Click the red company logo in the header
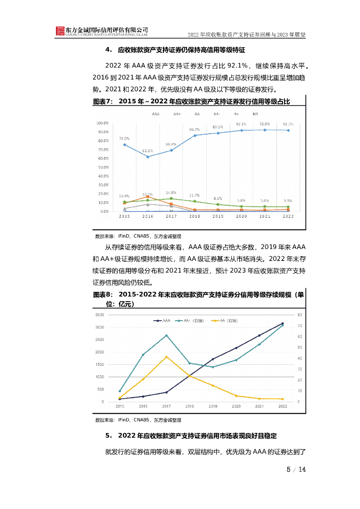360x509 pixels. coord(60,31)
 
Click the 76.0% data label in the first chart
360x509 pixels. coord(124,138)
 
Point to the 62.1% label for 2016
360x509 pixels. coord(148,150)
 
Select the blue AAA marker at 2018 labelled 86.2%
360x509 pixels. coord(194,135)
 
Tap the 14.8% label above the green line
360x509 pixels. coord(171,192)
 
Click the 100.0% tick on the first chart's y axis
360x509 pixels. coord(102,123)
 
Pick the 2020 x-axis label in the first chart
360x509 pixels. coord(241,217)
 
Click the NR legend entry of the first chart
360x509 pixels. coord(255,114)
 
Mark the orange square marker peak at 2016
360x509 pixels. coord(148,197)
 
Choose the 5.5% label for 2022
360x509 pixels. coord(288,200)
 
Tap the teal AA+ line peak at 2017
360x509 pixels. coord(166,336)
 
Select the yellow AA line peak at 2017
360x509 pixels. coord(166,357)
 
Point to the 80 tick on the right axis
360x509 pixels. coord(300,315)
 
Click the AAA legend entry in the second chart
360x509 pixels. coord(163,321)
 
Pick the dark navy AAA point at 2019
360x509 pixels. coord(213,359)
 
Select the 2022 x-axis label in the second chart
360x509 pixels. coord(282,407)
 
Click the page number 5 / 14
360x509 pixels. coord(295,470)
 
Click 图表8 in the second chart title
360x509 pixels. coord(102,295)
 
